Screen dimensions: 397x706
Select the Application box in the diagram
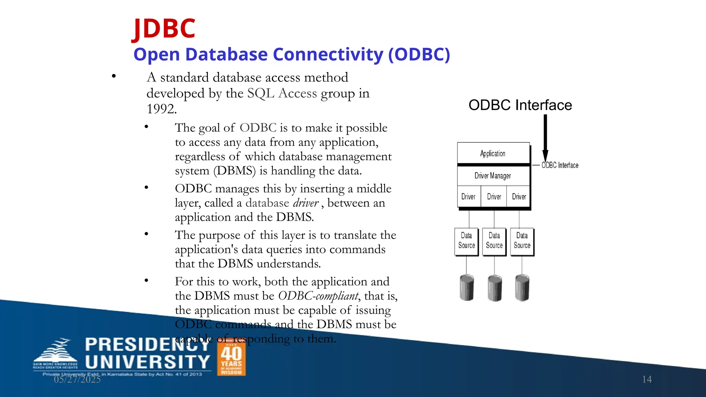point(493,153)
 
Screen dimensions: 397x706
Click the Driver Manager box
point(493,176)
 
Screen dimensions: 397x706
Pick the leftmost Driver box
point(468,197)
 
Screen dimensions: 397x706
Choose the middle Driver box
point(494,197)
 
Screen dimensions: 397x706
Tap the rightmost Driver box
point(519,197)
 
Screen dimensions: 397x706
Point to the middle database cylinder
point(495,288)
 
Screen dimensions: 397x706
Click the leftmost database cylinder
point(467,288)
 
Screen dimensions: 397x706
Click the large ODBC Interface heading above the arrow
point(520,105)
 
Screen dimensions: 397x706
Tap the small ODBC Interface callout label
point(560,165)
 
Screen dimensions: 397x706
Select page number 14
point(647,379)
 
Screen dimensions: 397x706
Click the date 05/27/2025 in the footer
point(77,379)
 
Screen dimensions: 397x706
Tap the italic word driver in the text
point(305,203)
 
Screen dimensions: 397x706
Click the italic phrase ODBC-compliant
point(318,296)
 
